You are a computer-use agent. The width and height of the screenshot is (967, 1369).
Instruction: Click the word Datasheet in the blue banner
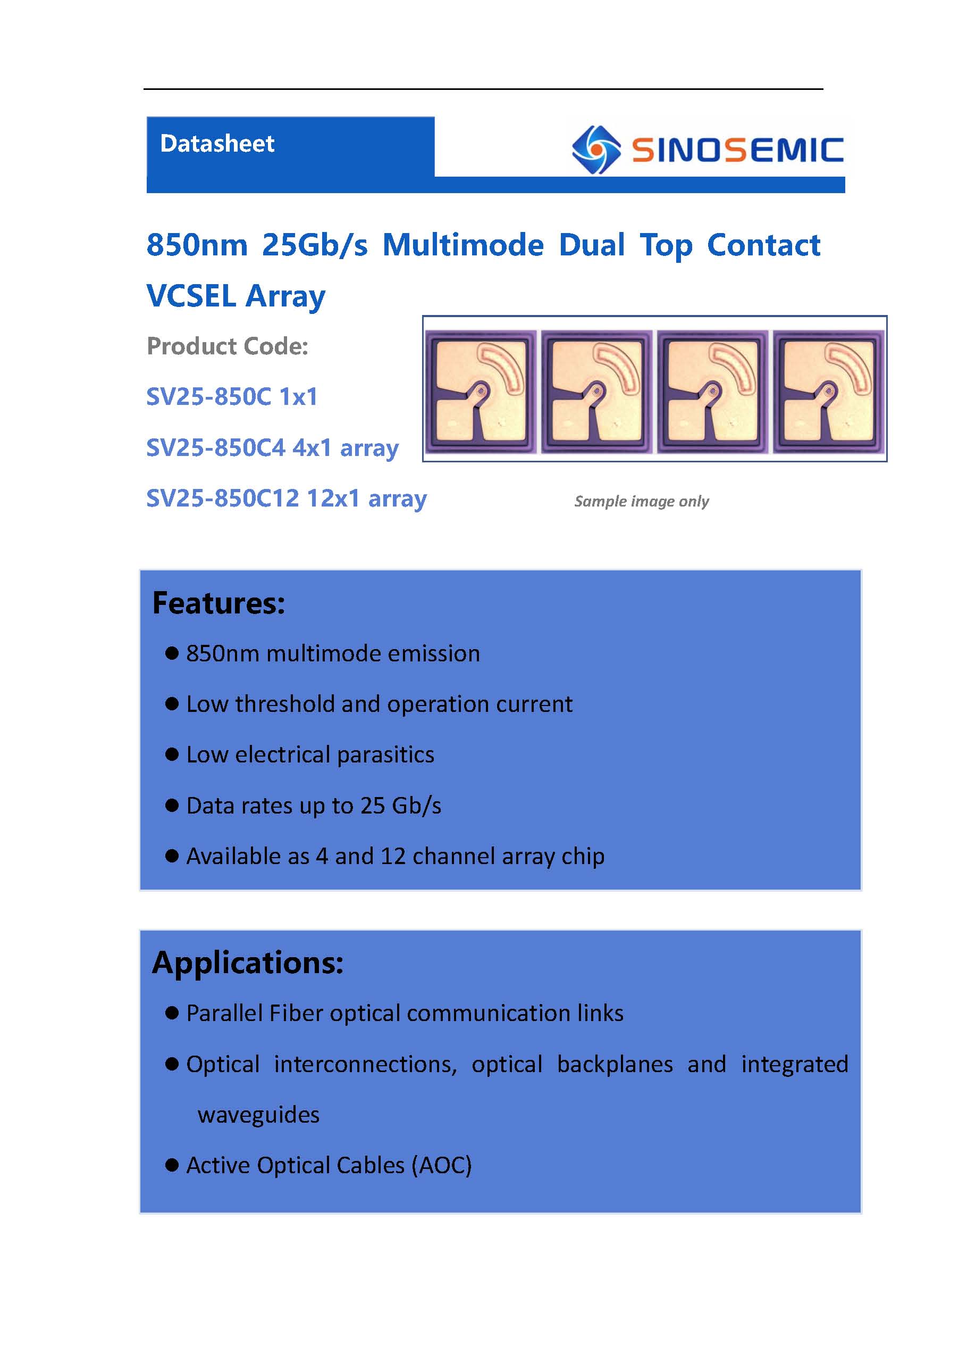tap(217, 144)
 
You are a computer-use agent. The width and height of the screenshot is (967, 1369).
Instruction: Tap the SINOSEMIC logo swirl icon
tap(595, 150)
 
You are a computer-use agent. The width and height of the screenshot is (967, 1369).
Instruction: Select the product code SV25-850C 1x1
tap(232, 396)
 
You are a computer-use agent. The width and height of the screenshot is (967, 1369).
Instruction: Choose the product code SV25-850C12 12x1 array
tap(287, 498)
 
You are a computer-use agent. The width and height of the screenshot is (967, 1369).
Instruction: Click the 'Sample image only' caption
tap(641, 501)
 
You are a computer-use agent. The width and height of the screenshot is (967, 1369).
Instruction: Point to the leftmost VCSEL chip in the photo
tap(480, 391)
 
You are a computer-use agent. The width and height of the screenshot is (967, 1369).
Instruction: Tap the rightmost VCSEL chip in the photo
tap(828, 391)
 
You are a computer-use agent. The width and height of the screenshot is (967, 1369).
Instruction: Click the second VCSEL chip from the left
tap(596, 391)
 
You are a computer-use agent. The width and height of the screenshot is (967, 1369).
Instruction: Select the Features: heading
tap(218, 603)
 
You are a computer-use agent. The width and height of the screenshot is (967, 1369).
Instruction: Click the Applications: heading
tap(248, 963)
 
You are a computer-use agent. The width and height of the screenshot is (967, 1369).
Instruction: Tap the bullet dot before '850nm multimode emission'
tap(172, 653)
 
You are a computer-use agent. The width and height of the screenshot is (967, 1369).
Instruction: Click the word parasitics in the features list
tap(385, 755)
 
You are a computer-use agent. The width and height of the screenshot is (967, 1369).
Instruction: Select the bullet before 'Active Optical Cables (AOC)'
tap(172, 1165)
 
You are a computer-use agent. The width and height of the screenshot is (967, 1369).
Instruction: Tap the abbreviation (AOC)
tap(441, 1165)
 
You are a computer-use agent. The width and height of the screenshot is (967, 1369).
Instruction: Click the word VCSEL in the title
tap(191, 296)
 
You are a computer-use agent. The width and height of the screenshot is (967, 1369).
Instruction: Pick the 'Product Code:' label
tap(227, 346)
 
